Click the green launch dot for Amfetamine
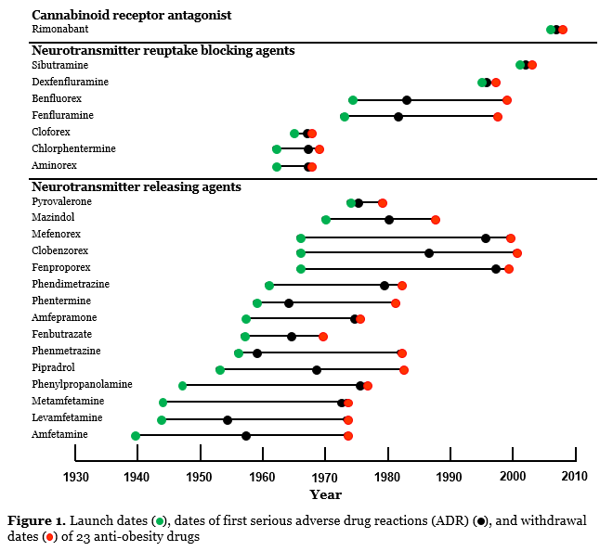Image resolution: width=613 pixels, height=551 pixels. tap(136, 436)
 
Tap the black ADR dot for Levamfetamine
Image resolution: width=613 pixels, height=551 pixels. tap(228, 420)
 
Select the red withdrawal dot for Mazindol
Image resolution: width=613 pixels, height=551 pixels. tap(436, 220)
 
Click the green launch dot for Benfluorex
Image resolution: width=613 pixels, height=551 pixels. tap(353, 99)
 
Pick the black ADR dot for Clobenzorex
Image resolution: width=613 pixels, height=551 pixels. tap(429, 253)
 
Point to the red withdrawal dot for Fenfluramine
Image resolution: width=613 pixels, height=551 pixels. tap(498, 117)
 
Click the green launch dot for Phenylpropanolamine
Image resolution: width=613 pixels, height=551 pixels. tap(182, 386)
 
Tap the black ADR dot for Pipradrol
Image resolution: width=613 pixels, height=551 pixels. tap(317, 370)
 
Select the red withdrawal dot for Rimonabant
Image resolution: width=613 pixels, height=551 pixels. tap(563, 30)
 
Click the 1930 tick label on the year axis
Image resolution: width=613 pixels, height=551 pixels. tap(75, 478)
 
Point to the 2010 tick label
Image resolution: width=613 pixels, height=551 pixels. tap(576, 478)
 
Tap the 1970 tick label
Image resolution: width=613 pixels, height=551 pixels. tap(325, 478)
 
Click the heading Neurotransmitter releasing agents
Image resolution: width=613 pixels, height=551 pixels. tap(136, 186)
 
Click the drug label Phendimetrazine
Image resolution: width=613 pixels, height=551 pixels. tap(69, 285)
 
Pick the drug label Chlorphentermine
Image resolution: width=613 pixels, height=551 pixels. tap(73, 149)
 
